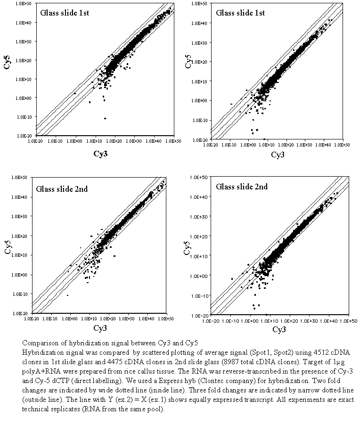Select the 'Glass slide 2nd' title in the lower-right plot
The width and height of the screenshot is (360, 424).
click(242, 187)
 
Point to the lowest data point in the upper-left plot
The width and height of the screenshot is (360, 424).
click(105, 118)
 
